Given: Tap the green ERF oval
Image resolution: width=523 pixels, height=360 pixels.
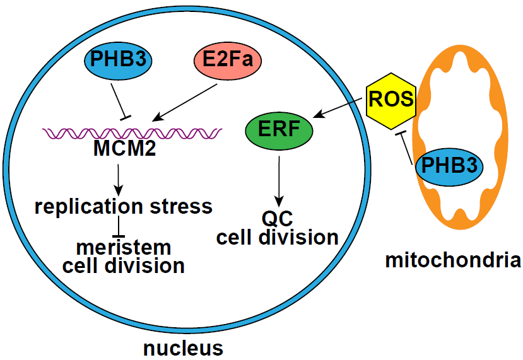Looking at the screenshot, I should point(278,130).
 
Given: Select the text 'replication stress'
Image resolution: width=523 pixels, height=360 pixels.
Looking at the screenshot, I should point(123,206).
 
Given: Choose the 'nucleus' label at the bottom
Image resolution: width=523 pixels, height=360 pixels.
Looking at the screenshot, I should point(183,347).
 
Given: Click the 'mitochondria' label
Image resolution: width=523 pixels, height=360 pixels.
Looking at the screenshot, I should point(453,260).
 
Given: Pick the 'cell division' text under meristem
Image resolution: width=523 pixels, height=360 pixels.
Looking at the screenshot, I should point(124,265).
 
